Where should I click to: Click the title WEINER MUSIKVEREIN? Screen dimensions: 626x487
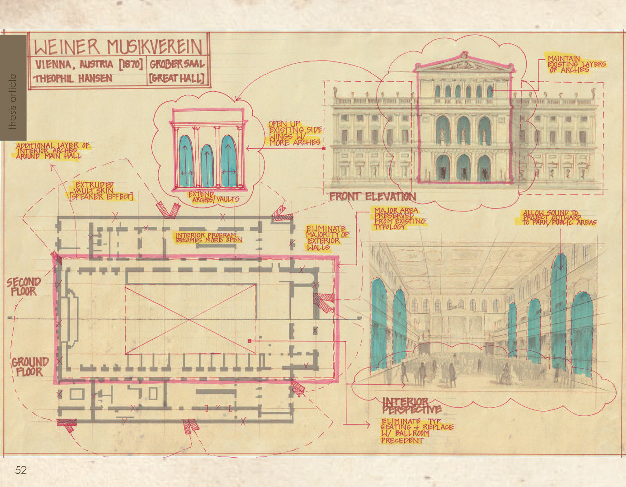118,47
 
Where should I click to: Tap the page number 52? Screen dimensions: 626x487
21,470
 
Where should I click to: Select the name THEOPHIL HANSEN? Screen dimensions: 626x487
74,78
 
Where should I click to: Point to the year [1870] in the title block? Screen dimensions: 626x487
130,64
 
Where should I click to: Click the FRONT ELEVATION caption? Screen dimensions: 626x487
372,196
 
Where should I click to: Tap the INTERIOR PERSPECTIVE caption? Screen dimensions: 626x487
411,405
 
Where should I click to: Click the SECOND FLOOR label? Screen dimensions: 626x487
24,286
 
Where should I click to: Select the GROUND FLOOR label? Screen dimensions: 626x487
30,367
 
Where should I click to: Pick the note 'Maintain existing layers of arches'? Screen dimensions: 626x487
576,64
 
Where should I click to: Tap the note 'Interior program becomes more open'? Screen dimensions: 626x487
209,237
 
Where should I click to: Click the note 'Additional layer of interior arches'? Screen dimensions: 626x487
52,151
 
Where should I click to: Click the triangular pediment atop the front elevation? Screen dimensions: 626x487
464,63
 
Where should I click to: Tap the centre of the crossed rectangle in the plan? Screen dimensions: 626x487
190,319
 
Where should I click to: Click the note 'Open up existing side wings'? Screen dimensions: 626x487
294,133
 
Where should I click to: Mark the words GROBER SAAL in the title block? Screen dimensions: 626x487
177,64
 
